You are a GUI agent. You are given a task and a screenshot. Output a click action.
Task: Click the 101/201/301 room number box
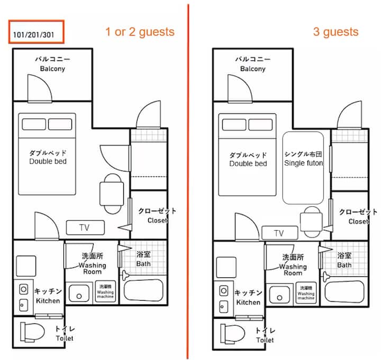(x=37, y=32)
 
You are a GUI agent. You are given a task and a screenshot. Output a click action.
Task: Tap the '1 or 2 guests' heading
(x=140, y=32)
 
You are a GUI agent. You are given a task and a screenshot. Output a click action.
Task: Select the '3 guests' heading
(x=336, y=32)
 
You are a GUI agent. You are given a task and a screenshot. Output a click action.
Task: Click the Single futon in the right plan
(x=303, y=168)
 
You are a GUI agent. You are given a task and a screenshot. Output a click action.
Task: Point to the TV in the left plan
(x=85, y=228)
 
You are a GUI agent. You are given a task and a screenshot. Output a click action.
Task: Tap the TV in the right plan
(x=280, y=233)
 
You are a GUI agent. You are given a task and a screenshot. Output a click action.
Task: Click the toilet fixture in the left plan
(x=32, y=332)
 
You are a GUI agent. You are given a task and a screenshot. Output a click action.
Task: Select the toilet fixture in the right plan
(x=232, y=334)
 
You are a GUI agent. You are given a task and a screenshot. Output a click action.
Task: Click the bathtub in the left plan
(x=143, y=290)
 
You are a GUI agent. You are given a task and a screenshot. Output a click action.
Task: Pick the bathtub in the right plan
(x=344, y=292)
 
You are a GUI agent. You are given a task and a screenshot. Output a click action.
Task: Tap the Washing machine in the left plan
(x=105, y=292)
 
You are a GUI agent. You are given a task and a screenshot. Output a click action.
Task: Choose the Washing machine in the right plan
(x=306, y=293)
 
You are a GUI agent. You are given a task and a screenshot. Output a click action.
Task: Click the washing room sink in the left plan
(x=79, y=293)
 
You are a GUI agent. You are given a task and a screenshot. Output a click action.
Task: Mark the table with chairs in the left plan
(x=112, y=194)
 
